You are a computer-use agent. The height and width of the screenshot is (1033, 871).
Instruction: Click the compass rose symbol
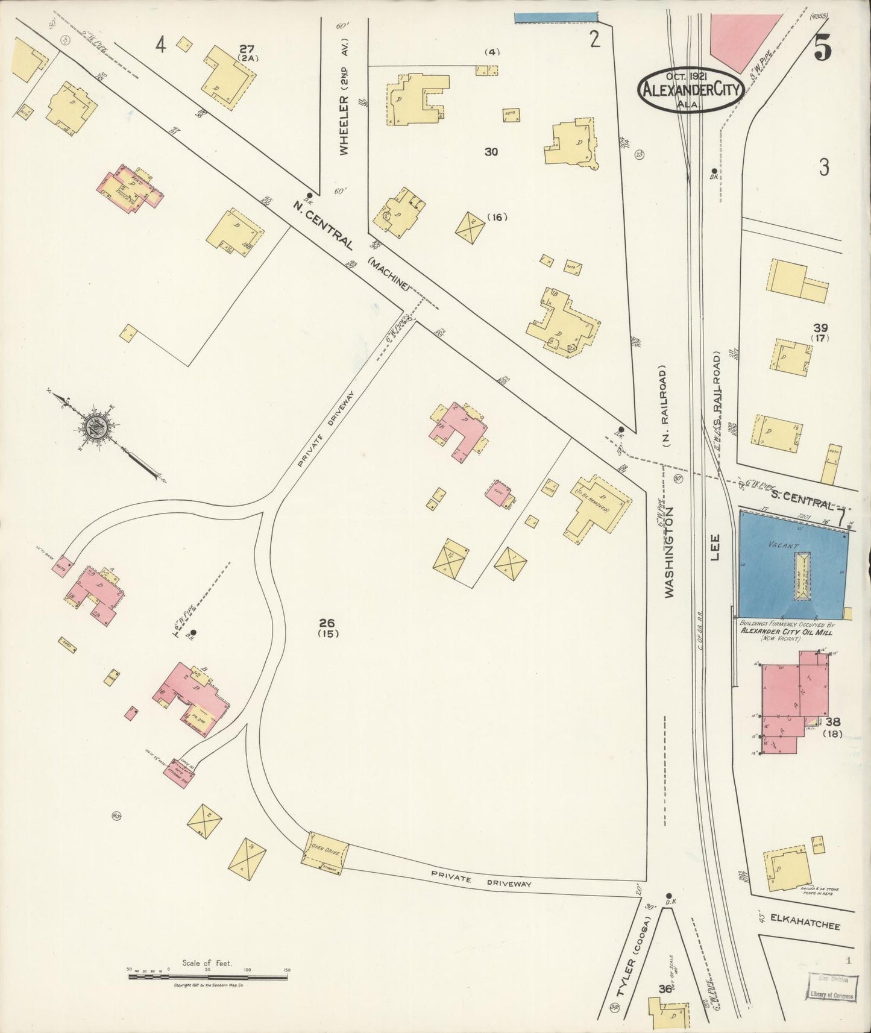96,427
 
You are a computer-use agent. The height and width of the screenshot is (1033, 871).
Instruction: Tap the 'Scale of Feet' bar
207,976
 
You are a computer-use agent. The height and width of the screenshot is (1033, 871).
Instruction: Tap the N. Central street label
323,225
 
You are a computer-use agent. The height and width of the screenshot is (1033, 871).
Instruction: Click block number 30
491,152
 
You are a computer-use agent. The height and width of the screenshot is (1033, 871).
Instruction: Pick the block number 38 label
834,721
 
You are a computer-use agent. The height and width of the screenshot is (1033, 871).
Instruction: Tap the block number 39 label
820,328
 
